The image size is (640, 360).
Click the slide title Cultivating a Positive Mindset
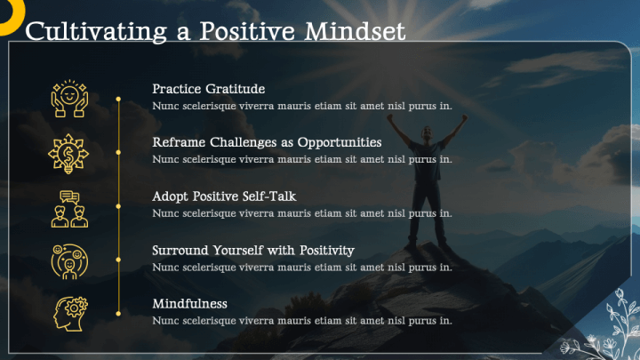(x=215, y=31)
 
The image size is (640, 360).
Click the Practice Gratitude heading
(x=209, y=89)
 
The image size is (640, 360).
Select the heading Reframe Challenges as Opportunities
(x=267, y=142)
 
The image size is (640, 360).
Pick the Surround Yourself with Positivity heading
(x=253, y=250)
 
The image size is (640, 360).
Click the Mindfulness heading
(x=189, y=303)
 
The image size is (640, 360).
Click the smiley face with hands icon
(x=68, y=99)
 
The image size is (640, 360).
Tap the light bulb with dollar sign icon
(x=68, y=153)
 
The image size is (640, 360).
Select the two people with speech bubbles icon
(x=68, y=207)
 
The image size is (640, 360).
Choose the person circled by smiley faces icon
(x=68, y=260)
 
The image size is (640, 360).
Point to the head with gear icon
(x=68, y=314)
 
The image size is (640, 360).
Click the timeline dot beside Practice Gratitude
(x=118, y=99)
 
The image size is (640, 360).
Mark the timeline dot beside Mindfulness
(x=118, y=313)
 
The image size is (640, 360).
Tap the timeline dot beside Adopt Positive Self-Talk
(x=118, y=205)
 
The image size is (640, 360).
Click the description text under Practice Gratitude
(x=302, y=106)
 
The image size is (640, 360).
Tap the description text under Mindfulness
(x=302, y=320)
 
